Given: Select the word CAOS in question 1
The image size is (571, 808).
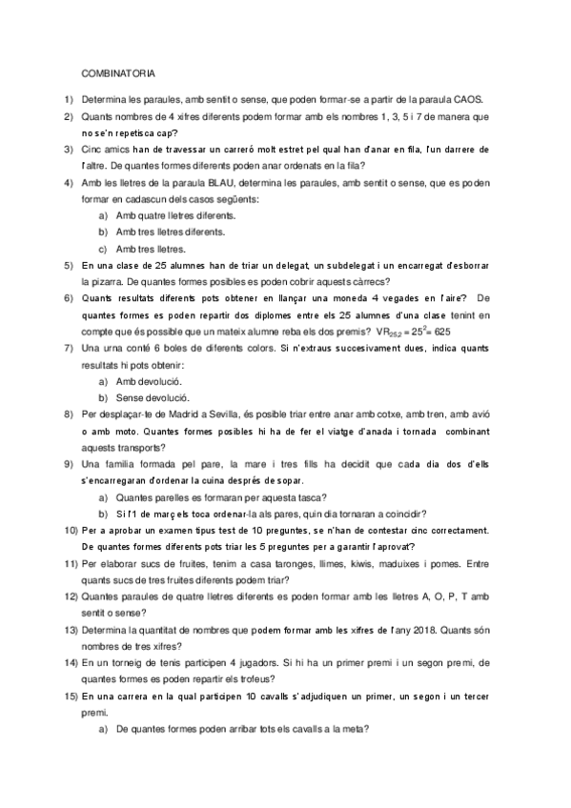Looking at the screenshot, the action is coord(469,99).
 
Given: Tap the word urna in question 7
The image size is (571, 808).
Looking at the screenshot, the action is coord(111,348).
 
